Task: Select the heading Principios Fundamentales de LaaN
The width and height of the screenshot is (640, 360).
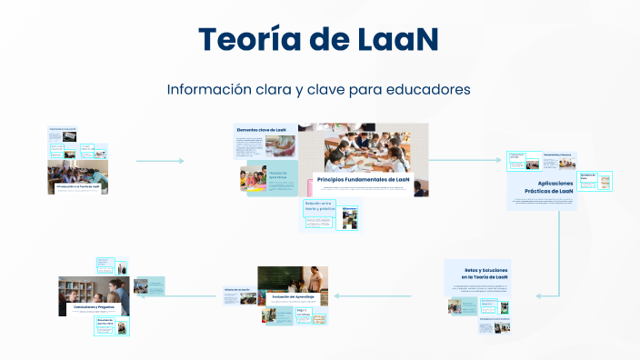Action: click(x=364, y=180)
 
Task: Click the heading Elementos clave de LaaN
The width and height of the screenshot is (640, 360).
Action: click(x=262, y=131)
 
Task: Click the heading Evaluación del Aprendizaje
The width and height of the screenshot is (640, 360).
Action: click(x=292, y=296)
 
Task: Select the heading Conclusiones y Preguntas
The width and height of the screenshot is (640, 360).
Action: click(x=95, y=307)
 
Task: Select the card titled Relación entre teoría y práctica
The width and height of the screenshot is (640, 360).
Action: click(x=321, y=206)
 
